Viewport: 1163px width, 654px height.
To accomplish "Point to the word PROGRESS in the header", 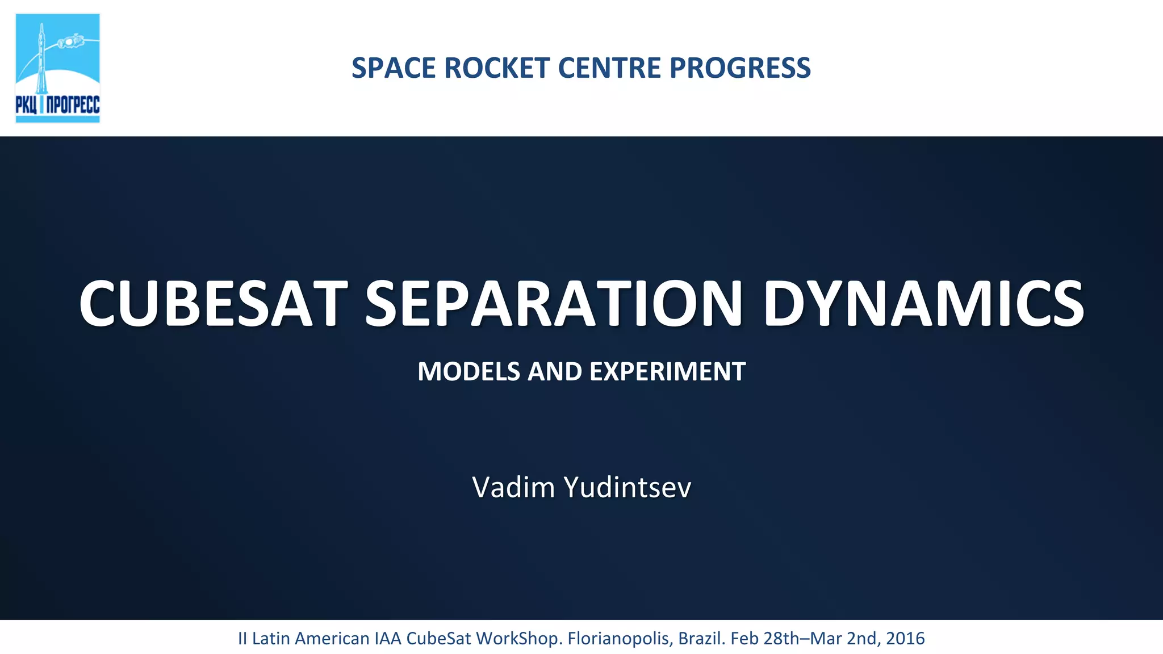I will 740,68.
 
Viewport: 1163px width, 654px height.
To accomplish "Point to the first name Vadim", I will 513,487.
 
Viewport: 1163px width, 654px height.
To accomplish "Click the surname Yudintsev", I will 627,487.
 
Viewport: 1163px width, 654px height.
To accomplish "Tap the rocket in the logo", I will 41,60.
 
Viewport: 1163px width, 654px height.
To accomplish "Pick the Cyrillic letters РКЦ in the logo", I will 27,105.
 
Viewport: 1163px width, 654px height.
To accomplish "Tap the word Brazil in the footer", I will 701,639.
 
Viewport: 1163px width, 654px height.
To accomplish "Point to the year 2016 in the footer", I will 905,639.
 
